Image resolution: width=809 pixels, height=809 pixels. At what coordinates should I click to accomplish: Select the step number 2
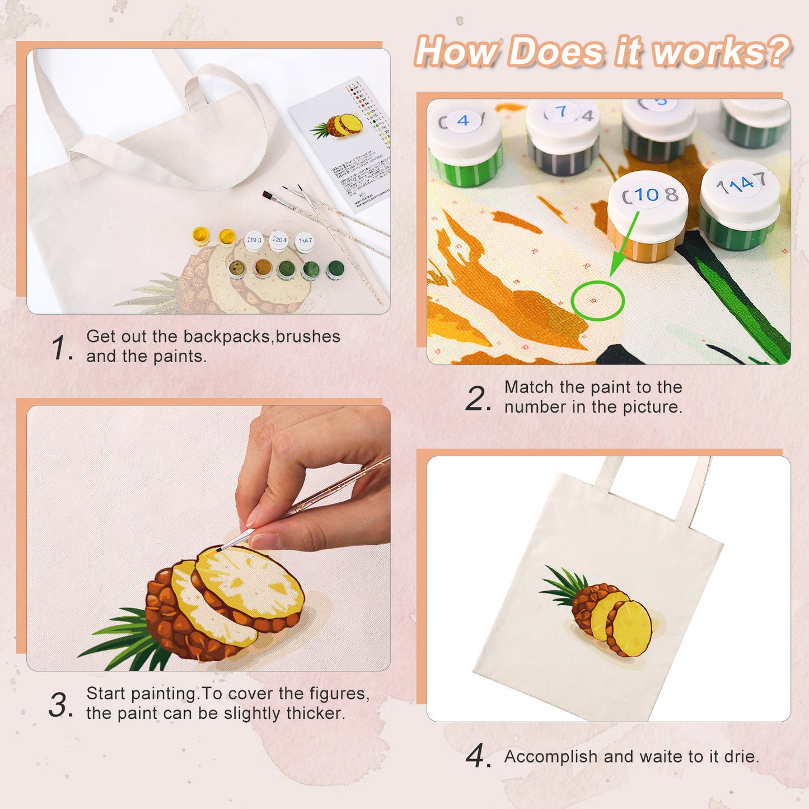(x=478, y=399)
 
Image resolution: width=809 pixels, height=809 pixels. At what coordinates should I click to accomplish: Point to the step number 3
(x=60, y=704)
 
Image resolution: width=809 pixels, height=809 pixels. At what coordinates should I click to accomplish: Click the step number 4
(x=478, y=756)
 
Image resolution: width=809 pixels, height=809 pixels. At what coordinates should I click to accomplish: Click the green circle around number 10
(x=597, y=301)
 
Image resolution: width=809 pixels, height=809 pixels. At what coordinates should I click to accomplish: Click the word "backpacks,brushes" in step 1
(x=261, y=336)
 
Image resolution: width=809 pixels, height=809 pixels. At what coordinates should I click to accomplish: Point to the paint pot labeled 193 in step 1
(x=254, y=241)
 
